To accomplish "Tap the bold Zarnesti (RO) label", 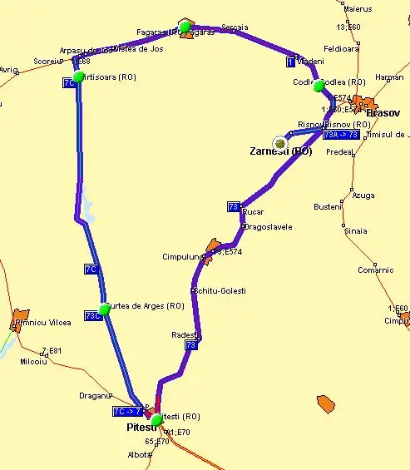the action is point(280,151).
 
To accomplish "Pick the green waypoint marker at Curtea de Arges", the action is point(104,309).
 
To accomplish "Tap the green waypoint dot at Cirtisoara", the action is point(78,77).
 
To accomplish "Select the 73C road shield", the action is point(91,315).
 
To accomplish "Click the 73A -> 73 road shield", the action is point(341,134).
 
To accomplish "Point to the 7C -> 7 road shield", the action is point(127,411).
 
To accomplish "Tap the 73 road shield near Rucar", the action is point(234,206).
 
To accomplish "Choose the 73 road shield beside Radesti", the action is point(190,344).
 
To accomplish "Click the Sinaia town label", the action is point(355,230).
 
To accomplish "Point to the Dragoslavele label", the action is point(267,226).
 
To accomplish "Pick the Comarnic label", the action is point(375,270).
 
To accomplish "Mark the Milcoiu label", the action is point(33,361).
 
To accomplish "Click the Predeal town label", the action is point(339,152).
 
